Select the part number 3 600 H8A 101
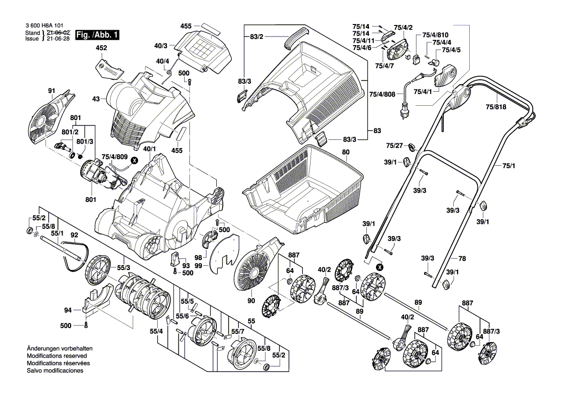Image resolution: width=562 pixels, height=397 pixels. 43,25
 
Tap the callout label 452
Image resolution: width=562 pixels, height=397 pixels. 101,48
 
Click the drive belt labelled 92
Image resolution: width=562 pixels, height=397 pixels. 77,252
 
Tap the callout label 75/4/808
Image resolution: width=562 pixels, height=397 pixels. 383,94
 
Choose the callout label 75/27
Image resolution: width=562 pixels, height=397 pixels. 394,145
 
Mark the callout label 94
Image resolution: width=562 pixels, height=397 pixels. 68,310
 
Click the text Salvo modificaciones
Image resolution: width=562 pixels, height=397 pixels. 55,371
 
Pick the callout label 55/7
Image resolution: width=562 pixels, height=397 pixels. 237,332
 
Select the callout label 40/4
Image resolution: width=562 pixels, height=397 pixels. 162,61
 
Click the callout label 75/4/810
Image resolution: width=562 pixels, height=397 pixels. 435,35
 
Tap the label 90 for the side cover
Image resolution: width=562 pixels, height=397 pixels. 250,301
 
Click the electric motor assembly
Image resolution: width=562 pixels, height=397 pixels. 96,173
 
